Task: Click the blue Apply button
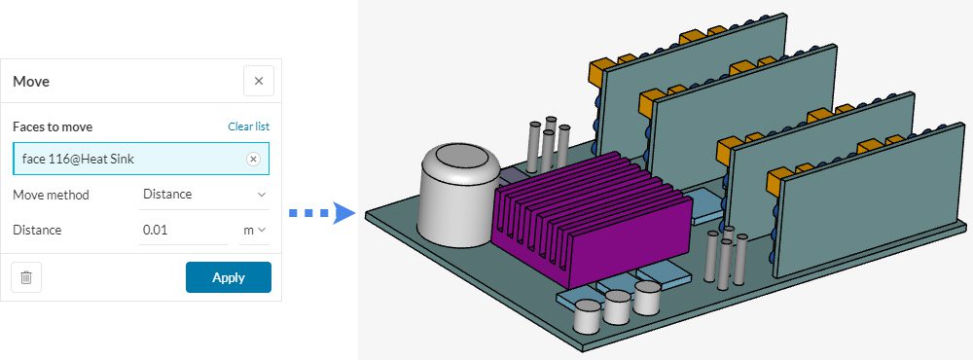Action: click(x=228, y=277)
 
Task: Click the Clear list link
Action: click(x=248, y=126)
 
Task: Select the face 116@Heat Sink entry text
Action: click(x=77, y=159)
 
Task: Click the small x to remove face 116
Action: click(x=253, y=159)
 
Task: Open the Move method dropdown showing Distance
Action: click(x=203, y=195)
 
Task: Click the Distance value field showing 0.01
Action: click(x=183, y=231)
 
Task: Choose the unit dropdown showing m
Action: click(x=254, y=231)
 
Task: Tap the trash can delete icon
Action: click(x=26, y=277)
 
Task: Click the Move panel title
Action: click(x=31, y=82)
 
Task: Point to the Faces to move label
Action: click(x=53, y=126)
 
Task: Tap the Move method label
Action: click(x=51, y=195)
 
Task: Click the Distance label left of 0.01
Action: click(x=37, y=231)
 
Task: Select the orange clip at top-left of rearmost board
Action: click(x=601, y=70)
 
